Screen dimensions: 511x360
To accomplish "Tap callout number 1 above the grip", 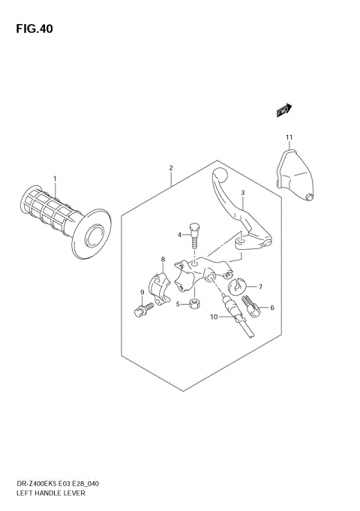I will [x=55, y=179].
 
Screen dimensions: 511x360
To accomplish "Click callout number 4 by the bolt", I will [x=180, y=235].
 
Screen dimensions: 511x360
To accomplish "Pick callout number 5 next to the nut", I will [x=178, y=305].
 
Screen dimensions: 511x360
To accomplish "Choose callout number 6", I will [x=272, y=308].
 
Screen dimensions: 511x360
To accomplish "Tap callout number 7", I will [x=260, y=287].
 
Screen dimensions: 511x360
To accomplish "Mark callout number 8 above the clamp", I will [x=162, y=260].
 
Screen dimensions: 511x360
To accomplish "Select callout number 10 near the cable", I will [x=214, y=317].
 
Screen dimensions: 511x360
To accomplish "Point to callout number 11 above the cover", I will [x=287, y=136].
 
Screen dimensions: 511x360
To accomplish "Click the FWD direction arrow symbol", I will [x=283, y=110].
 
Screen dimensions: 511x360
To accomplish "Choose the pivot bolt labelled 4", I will [x=195, y=233].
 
